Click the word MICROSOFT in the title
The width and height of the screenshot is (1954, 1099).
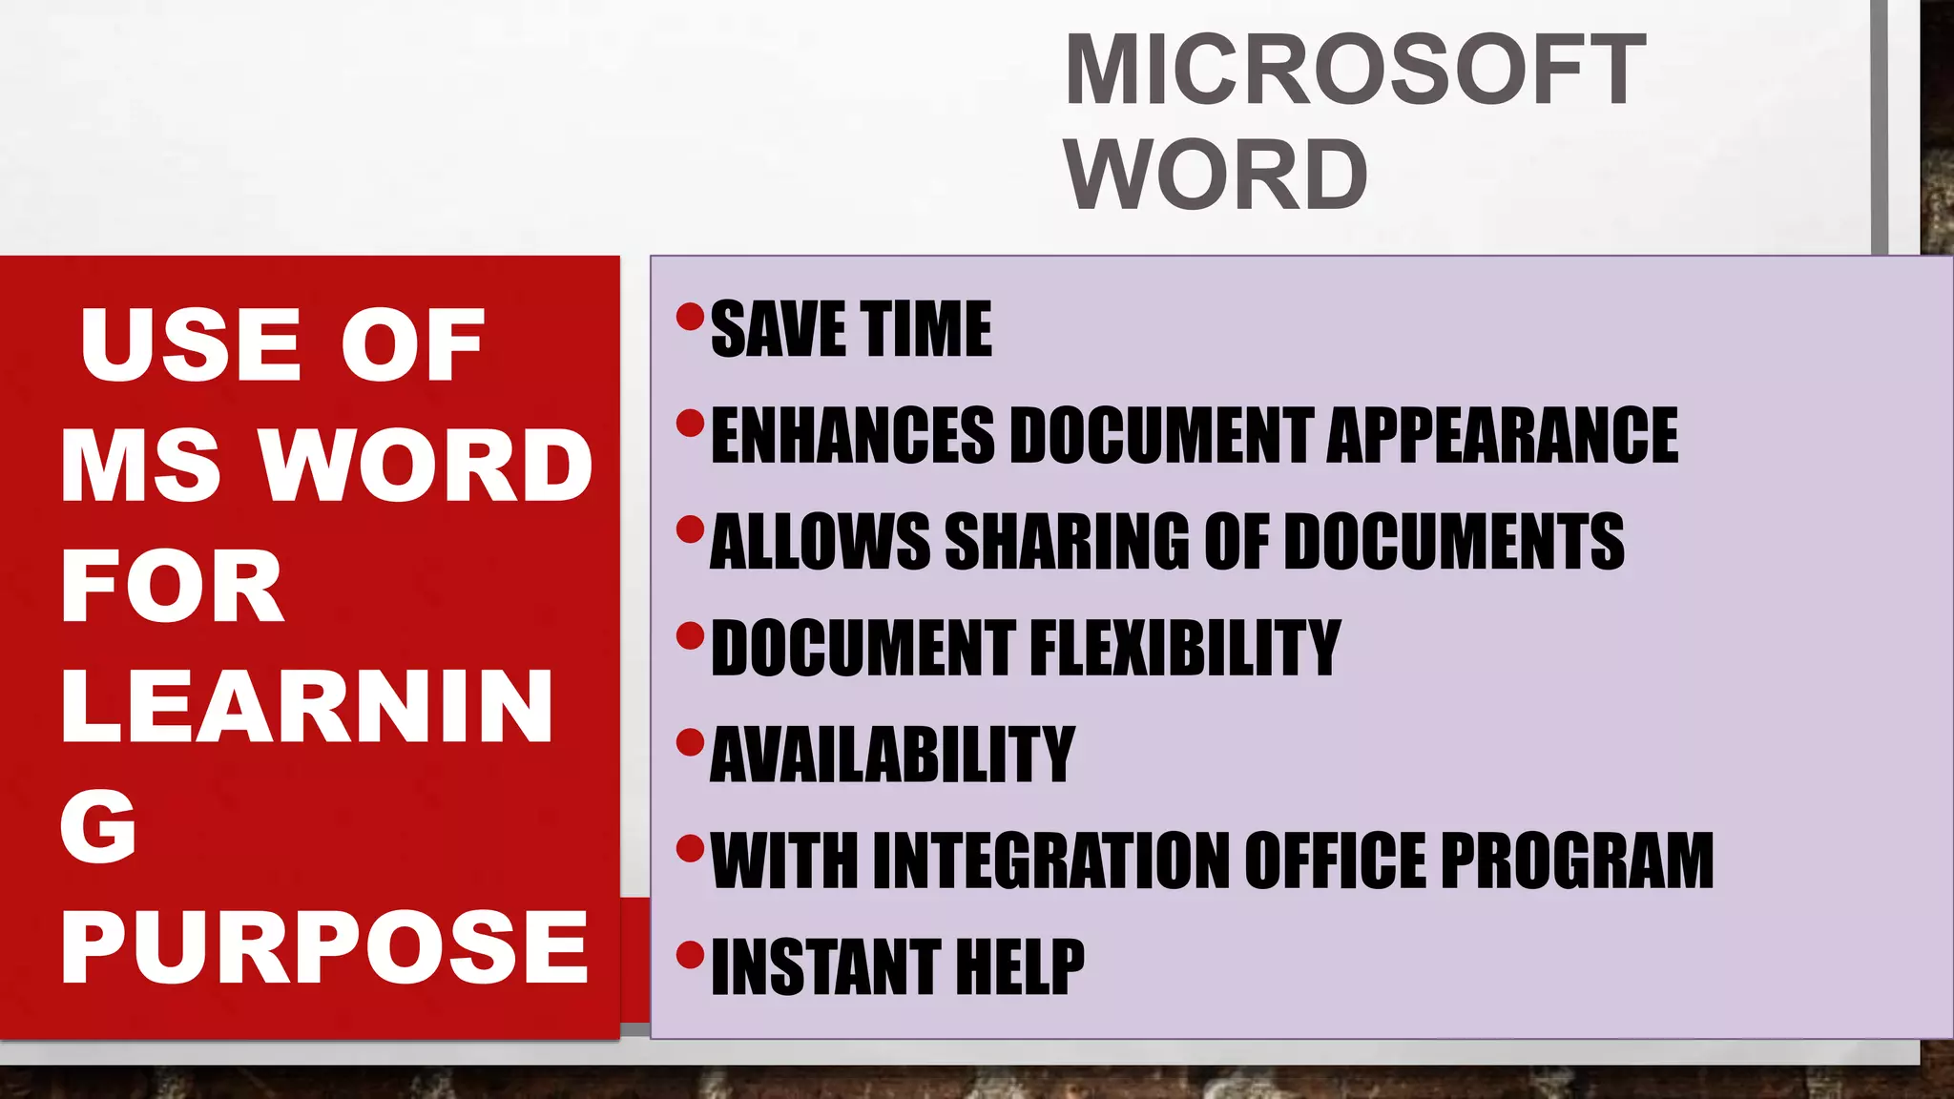click(1355, 71)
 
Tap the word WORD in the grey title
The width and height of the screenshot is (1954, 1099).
click(1216, 176)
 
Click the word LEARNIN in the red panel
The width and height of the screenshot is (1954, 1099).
click(306, 707)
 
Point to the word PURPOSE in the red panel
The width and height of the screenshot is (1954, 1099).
click(324, 947)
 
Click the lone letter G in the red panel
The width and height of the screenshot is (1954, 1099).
click(98, 826)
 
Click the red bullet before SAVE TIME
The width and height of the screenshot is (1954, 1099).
click(690, 316)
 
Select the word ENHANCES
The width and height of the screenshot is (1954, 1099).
click(853, 436)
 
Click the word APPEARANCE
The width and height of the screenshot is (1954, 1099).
click(1502, 436)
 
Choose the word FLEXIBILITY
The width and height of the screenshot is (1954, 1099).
click(1185, 649)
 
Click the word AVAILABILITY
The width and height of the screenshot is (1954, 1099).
click(892, 755)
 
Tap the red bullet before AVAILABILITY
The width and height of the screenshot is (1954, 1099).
click(690, 741)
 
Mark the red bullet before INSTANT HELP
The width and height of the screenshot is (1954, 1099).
click(690, 953)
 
